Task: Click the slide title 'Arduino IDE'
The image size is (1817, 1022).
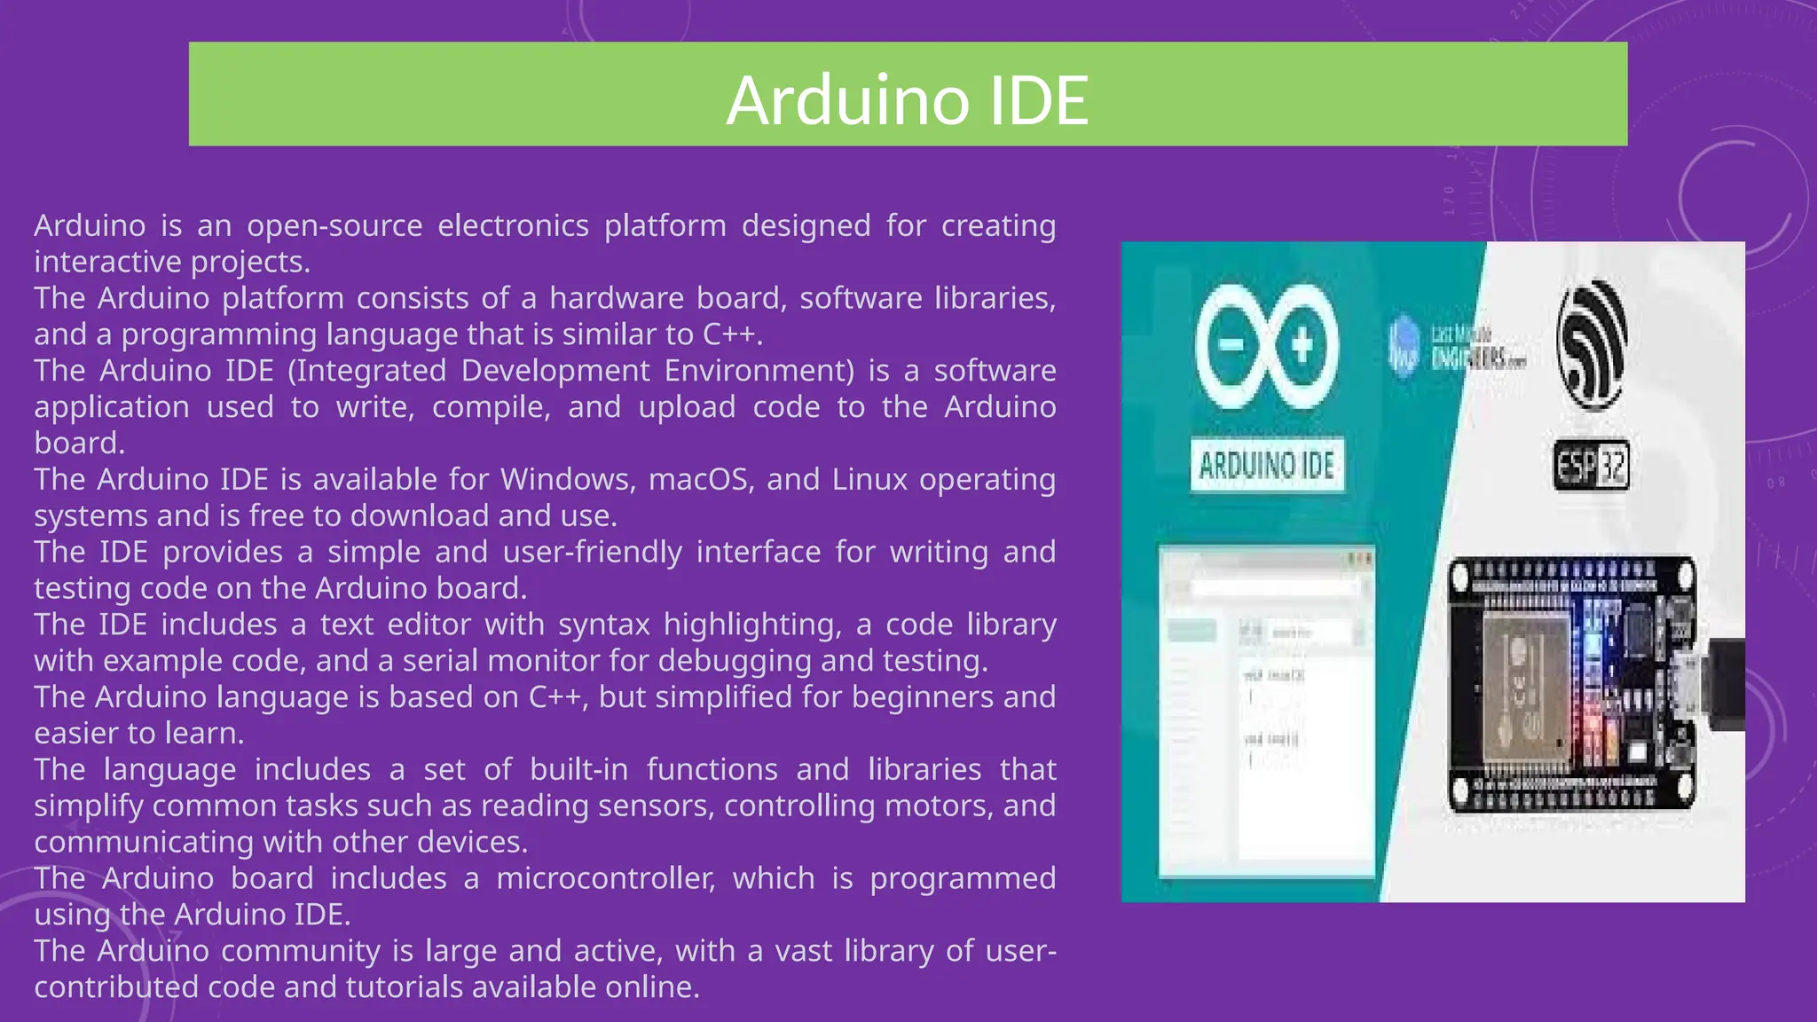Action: [907, 99]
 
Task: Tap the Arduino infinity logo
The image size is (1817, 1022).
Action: [1266, 346]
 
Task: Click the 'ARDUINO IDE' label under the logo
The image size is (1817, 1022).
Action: [1266, 465]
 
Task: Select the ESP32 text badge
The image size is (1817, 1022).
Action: [1592, 465]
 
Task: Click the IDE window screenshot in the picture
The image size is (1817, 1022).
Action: [1267, 710]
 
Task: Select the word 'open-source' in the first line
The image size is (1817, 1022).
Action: [334, 226]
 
